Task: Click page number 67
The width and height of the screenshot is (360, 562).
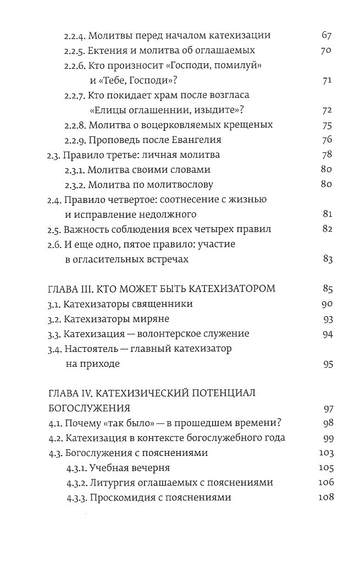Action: coord(327,36)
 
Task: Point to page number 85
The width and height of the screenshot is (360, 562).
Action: coord(327,288)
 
